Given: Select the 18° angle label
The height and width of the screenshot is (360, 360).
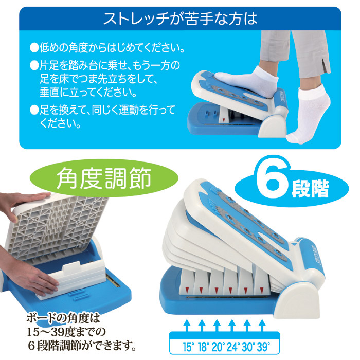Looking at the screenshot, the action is tap(203, 347).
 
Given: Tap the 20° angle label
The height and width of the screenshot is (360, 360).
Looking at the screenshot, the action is tap(218, 347).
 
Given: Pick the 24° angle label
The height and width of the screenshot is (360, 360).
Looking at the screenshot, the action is tap(233, 347).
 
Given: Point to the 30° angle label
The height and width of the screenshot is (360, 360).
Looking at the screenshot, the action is tap(248, 347).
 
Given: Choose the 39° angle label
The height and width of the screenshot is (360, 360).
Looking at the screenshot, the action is tap(263, 347).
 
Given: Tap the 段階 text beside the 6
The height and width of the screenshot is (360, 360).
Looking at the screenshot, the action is tap(310, 189).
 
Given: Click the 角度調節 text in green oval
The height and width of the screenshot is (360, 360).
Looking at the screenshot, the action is tap(104, 178).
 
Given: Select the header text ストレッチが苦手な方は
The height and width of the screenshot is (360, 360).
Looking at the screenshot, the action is tap(180, 19).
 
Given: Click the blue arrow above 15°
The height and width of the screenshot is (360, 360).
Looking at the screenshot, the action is tap(187, 326).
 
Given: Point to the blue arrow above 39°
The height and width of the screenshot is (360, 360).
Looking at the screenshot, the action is tap(262, 326).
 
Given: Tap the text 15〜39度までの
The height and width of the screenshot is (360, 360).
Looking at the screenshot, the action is tap(66, 332).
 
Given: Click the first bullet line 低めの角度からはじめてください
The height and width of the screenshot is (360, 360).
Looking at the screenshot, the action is tap(107, 48).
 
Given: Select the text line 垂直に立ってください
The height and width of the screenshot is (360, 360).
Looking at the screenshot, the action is tap(88, 92).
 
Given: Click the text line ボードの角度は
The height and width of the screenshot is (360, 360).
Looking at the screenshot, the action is tap(63, 318).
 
